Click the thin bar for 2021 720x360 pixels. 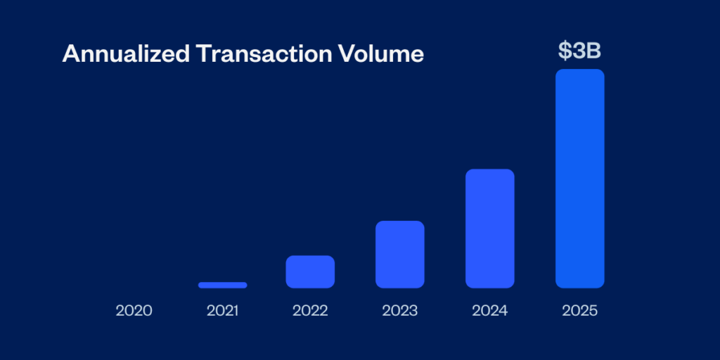pyautogui.click(x=222, y=285)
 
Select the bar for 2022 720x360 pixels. pyautogui.click(x=310, y=271)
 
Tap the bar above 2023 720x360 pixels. pyautogui.click(x=399, y=254)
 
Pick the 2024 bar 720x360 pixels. pyautogui.click(x=489, y=229)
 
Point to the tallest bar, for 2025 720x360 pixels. pyautogui.click(x=579, y=179)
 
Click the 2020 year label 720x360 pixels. pyautogui.click(x=134, y=310)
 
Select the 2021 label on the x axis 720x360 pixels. pyautogui.click(x=222, y=310)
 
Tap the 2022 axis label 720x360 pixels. pyautogui.click(x=310, y=310)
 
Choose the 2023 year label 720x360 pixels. pyautogui.click(x=399, y=310)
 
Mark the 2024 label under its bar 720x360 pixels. pyautogui.click(x=489, y=310)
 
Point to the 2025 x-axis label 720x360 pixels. pyautogui.click(x=579, y=310)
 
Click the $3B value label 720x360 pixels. pyautogui.click(x=579, y=50)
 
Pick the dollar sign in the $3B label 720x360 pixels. pyautogui.click(x=565, y=50)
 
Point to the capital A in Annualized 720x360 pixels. pyautogui.click(x=70, y=54)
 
